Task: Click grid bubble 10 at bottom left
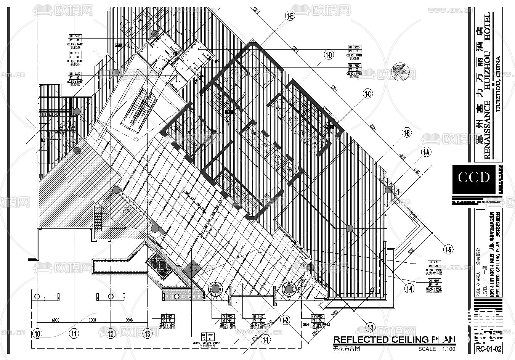click(x=37, y=334)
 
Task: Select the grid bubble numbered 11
click(x=74, y=334)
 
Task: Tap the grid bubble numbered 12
click(x=111, y=334)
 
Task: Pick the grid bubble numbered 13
click(x=148, y=334)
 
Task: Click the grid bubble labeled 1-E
click(x=290, y=16)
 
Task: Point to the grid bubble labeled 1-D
click(x=329, y=55)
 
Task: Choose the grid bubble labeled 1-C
click(x=367, y=94)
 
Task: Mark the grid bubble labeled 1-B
click(x=407, y=133)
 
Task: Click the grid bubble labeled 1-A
click(x=426, y=153)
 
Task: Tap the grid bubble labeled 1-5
click(x=448, y=250)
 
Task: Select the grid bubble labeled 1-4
click(x=409, y=289)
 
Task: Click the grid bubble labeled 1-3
click(x=370, y=327)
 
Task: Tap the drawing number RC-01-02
click(x=488, y=348)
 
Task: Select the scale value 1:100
click(x=449, y=349)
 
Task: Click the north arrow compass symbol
click(x=404, y=71)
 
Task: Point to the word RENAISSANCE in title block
click(x=487, y=129)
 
